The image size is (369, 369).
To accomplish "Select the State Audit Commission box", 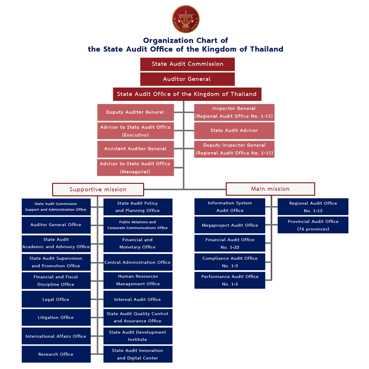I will click(187, 64).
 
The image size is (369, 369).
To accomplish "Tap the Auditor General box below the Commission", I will click(187, 79).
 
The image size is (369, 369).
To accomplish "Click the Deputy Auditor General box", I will click(135, 112).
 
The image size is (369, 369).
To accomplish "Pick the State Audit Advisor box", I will click(234, 130).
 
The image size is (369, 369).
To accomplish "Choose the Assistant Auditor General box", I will click(135, 149).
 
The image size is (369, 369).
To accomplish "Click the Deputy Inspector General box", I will click(234, 149).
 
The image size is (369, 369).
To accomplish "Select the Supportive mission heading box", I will click(98, 189).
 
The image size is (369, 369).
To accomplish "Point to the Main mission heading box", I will click(270, 189).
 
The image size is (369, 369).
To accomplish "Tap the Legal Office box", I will click(56, 299).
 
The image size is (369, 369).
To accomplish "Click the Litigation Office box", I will click(56, 317).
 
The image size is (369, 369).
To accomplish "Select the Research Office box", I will click(56, 354).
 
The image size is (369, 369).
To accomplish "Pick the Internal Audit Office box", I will click(138, 299).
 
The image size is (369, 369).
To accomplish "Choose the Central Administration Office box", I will click(138, 262).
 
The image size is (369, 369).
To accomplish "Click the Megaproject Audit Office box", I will click(230, 225).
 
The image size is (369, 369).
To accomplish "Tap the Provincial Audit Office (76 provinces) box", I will click(313, 225).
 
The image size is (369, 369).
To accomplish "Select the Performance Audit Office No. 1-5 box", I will click(230, 280).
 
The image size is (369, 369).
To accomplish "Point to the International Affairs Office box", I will click(56, 336).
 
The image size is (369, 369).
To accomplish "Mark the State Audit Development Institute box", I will click(138, 336).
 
